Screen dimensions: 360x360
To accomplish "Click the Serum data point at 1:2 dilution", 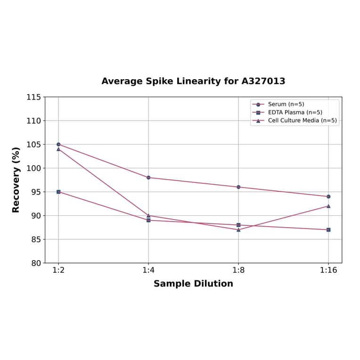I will pyautogui.click(x=58, y=144).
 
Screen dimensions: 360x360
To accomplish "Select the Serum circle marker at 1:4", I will pyautogui.click(x=148, y=178).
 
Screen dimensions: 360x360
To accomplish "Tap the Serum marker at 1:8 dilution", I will pyautogui.click(x=238, y=187).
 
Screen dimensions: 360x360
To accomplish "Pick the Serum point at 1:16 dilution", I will pyautogui.click(x=328, y=196).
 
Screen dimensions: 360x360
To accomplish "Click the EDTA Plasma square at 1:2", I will pyautogui.click(x=58, y=192).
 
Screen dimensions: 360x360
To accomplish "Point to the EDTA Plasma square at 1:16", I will pyautogui.click(x=328, y=230).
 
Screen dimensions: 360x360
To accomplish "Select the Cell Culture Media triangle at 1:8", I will pyautogui.click(x=238, y=229).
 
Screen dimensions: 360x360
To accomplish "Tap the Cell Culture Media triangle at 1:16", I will pyautogui.click(x=328, y=206).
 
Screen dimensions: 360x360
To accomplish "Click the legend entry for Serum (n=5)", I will pyautogui.click(x=286, y=104).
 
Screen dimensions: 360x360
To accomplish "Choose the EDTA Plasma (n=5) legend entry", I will pyautogui.click(x=295, y=112).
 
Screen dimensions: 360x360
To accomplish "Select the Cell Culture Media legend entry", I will pyautogui.click(x=302, y=120).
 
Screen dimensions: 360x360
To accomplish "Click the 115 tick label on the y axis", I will pyautogui.click(x=33, y=97).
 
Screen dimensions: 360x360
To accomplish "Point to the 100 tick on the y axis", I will pyautogui.click(x=33, y=168).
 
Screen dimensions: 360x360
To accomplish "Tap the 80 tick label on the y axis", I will pyautogui.click(x=35, y=263).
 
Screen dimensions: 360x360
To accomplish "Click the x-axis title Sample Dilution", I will pyautogui.click(x=193, y=284).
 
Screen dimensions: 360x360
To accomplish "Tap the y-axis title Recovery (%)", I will pyautogui.click(x=16, y=180).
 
